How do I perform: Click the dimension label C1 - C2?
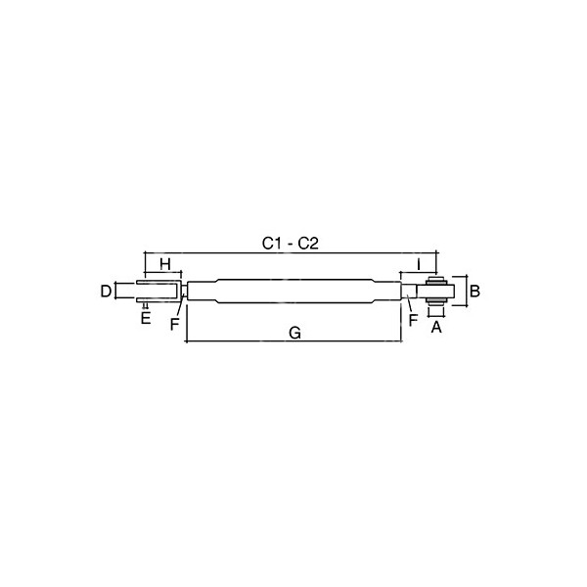pyautogui.click(x=291, y=244)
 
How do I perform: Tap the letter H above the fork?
pyautogui.click(x=165, y=264)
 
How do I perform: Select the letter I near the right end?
pyautogui.click(x=419, y=264)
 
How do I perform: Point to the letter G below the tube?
pyautogui.click(x=295, y=333)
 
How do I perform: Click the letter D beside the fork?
pyautogui.click(x=106, y=292)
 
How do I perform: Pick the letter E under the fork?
pyautogui.click(x=146, y=318)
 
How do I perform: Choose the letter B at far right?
pyautogui.click(x=474, y=292)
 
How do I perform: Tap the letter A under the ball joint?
pyautogui.click(x=436, y=328)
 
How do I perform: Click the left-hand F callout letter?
pyautogui.click(x=174, y=324)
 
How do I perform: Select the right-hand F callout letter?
pyautogui.click(x=413, y=320)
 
